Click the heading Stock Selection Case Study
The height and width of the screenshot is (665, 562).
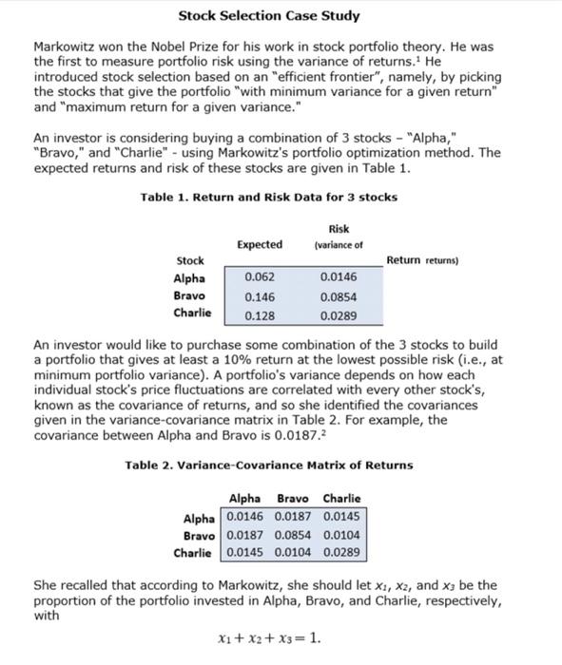pos(269,16)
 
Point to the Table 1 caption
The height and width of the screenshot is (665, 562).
pos(268,197)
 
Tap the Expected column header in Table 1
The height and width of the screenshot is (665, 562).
pos(259,244)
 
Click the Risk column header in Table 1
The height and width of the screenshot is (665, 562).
pos(339,228)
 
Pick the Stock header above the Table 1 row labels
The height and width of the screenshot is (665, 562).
pos(190,260)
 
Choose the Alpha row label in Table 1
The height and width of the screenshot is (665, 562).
pos(189,277)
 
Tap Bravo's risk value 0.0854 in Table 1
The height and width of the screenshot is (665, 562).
pos(339,295)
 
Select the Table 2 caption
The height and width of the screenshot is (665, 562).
pos(269,465)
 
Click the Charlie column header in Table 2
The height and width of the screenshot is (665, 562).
pos(341,499)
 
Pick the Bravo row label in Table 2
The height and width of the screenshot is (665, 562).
pos(199,535)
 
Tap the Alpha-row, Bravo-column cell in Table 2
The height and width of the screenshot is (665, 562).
pos(293,517)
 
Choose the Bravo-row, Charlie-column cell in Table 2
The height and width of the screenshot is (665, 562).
pos(341,535)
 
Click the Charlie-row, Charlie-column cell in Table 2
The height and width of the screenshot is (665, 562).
pos(341,552)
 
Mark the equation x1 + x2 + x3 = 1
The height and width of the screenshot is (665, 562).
pos(270,638)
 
